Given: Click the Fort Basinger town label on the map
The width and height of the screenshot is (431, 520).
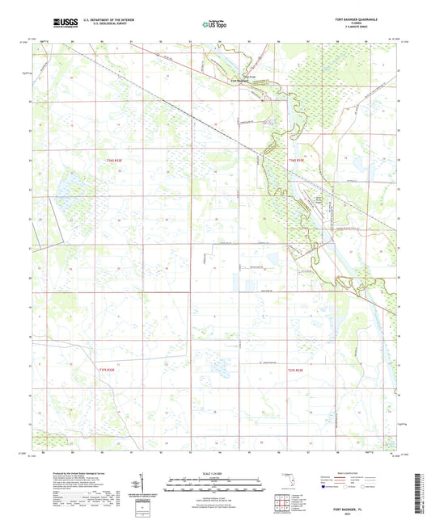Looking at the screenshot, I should (241, 78).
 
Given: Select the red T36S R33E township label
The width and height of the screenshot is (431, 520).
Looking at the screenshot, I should (297, 161).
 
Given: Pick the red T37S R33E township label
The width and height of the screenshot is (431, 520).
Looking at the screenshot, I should (296, 369).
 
